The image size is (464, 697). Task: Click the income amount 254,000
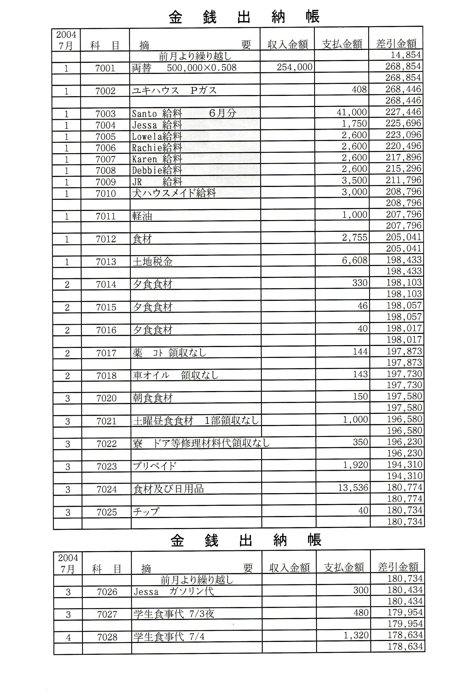[x=294, y=67]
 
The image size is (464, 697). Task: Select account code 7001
[x=105, y=68]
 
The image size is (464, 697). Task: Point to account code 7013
[x=106, y=262]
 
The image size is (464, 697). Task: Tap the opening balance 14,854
[x=405, y=55]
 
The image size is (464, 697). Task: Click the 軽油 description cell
[x=142, y=216]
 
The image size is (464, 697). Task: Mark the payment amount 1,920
[x=355, y=465]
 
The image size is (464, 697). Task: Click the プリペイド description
[x=155, y=466]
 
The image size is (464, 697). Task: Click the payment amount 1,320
[x=356, y=636]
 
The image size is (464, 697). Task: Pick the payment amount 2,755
[x=354, y=238]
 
